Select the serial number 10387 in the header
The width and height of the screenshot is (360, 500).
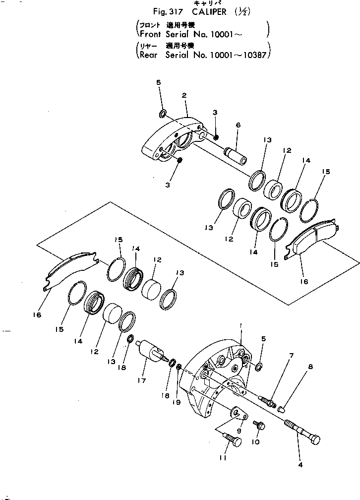253,55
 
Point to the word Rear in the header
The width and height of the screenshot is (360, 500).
148,55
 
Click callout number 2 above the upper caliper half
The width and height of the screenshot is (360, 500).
184,95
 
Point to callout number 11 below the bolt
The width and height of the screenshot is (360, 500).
223,458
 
